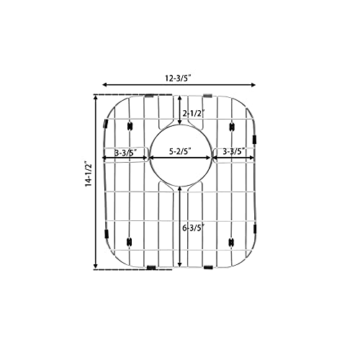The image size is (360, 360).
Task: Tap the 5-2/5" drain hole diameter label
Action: pos(181,152)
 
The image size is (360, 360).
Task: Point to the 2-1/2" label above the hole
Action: pos(193,113)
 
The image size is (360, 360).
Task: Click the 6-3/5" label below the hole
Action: pos(193,228)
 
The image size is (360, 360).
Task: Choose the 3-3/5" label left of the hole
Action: pos(127,152)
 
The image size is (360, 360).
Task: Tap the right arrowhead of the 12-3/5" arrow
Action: pos(257,84)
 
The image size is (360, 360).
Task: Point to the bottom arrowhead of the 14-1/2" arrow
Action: pos(95,268)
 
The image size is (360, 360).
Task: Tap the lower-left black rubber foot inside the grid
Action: pos(130,241)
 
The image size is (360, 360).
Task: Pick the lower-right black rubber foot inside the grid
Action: pos(231,241)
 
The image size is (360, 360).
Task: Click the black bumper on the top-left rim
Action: pos(149,95)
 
